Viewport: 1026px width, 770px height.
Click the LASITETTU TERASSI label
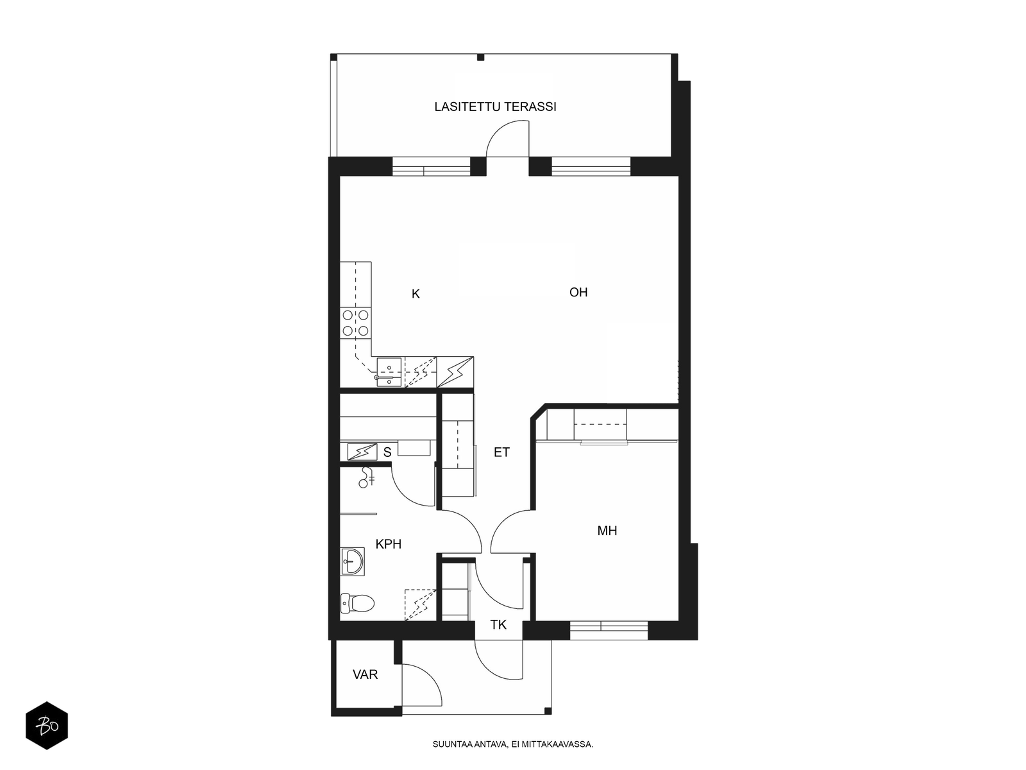coord(495,107)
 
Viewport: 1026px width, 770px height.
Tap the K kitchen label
coord(416,294)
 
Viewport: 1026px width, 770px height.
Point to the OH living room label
coord(578,292)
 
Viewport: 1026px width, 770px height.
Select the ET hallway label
coord(501,452)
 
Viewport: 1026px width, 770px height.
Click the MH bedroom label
coord(607,531)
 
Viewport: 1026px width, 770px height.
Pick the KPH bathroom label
coord(389,543)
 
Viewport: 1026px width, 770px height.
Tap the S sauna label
coord(387,452)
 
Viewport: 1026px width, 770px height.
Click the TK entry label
coord(498,624)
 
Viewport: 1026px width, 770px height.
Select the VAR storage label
coord(365,674)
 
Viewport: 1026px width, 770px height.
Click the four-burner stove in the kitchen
coord(355,323)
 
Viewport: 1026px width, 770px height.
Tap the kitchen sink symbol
coord(389,372)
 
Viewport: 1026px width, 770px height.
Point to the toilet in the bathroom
coord(358,603)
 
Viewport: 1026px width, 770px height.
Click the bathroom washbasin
coord(353,561)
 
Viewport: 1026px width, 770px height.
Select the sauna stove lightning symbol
coord(362,452)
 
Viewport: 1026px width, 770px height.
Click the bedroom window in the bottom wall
coord(609,630)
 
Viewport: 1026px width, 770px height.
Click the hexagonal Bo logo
coord(47,726)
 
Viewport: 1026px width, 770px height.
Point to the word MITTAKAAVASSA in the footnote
coord(557,744)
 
